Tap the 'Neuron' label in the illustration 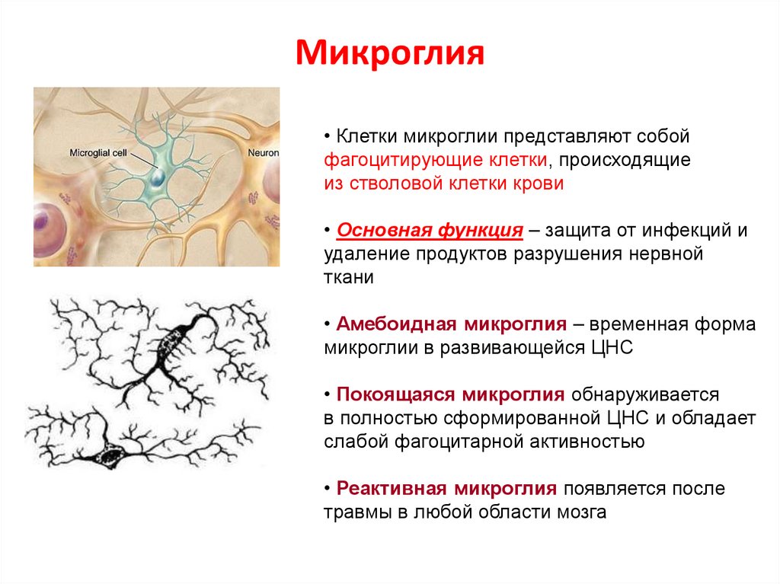[x=264, y=152]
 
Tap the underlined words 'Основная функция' [x=430, y=231]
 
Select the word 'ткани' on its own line [x=348, y=277]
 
